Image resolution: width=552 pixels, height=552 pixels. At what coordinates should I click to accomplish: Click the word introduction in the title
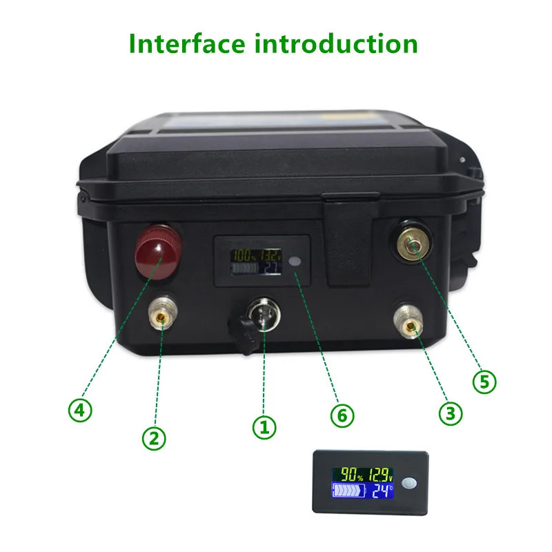pos(336,43)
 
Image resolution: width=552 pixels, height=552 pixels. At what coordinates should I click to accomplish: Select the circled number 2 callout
pos(154,436)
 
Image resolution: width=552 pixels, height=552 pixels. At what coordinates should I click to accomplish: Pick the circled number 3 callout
pos(450,413)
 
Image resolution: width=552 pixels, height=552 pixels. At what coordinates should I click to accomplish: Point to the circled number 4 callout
pos(80,411)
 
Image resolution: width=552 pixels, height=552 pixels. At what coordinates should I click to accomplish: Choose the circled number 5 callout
pos(483,381)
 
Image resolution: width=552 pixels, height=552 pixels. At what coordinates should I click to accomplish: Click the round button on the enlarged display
pos(412,483)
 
